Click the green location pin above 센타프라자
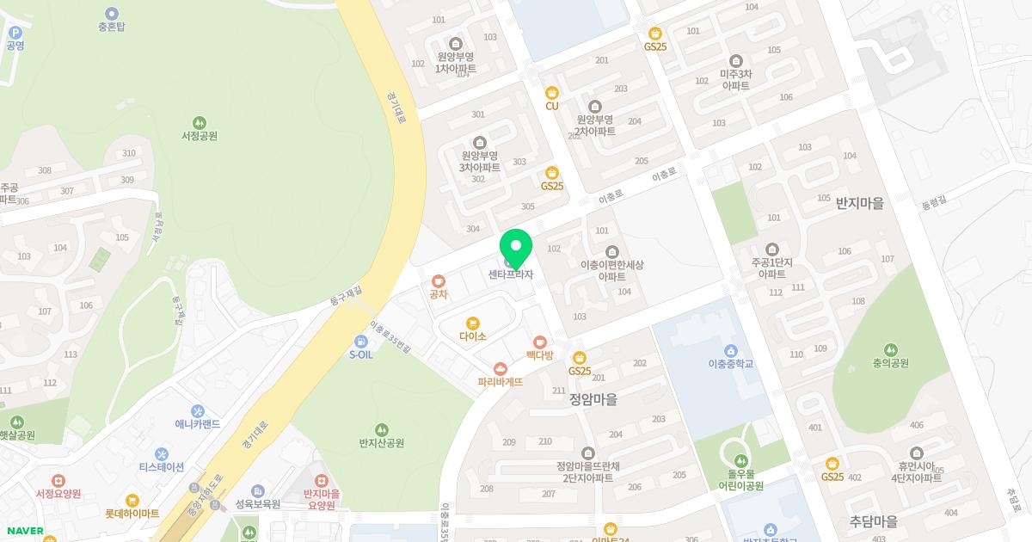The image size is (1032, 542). point(516,247)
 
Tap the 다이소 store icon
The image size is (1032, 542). point(472,323)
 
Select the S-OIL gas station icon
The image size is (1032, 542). point(360,342)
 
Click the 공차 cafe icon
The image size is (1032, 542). point(439,280)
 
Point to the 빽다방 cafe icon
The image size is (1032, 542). point(540,342)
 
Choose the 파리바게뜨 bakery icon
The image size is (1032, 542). point(500,369)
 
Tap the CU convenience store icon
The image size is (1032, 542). point(552,93)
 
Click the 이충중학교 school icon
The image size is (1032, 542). point(730,350)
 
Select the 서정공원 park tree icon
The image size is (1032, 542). point(200,123)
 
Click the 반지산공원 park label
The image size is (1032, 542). point(381,443)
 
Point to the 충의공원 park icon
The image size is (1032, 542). point(890,350)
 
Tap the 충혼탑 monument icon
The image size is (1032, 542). point(112,14)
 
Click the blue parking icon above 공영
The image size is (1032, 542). point(15,33)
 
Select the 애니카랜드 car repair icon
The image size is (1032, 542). point(198,411)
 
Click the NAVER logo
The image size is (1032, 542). point(24,531)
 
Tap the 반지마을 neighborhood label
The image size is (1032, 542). point(859,204)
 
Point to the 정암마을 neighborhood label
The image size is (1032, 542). point(593,399)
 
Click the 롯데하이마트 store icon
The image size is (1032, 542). point(132,501)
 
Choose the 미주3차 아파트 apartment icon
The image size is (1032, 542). point(735,61)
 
